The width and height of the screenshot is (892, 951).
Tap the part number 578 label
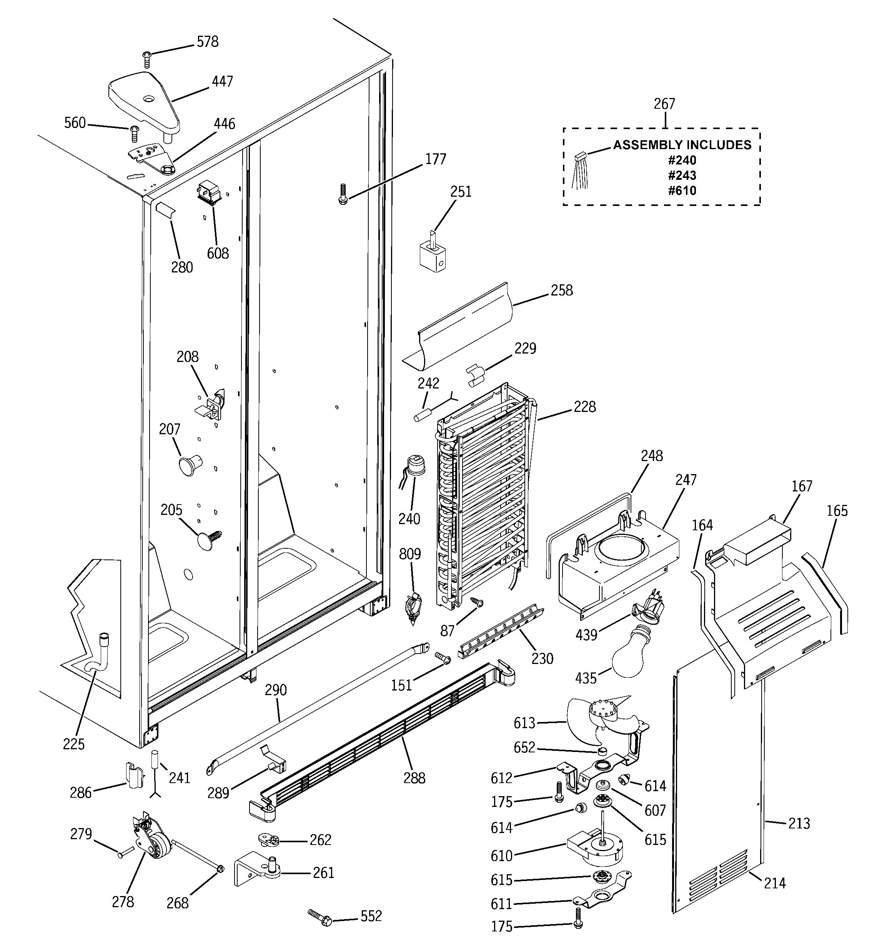pos(207,42)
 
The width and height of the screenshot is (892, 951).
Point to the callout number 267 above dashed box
pos(664,104)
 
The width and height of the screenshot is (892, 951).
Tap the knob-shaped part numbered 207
pos(189,464)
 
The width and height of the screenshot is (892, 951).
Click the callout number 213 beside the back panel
pos(799,823)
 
